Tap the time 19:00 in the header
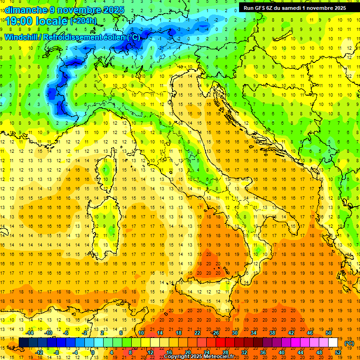click(x=18, y=21)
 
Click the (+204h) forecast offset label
click(x=83, y=21)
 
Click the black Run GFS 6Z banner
click(x=295, y=7)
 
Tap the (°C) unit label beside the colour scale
click(x=349, y=343)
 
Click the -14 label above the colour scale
click(x=30, y=333)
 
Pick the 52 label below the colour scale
click(x=338, y=352)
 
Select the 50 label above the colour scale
click(x=329, y=333)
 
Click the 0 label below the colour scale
click(x=93, y=352)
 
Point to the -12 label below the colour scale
click(x=39, y=352)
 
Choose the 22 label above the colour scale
click(x=197, y=333)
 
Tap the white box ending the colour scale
click(x=333, y=343)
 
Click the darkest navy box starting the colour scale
click(x=23, y=343)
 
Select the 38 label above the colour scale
click(x=272, y=333)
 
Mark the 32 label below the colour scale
click(x=244, y=352)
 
